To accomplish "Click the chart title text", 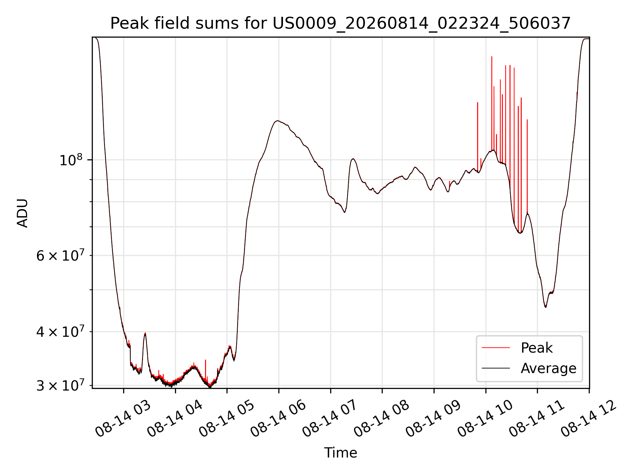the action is tap(340, 23).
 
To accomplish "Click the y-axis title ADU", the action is tap(22, 213).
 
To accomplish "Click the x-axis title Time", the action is tap(340, 453).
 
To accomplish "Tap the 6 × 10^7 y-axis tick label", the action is tap(61, 255).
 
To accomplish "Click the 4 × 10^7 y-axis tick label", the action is tap(61, 332).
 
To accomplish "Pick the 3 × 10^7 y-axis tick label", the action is tap(61, 385).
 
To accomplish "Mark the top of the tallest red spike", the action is tap(492, 57).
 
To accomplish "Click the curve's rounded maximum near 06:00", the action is tap(278, 121).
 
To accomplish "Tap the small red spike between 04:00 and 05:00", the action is tap(205, 360).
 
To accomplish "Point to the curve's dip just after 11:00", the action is tap(546, 307).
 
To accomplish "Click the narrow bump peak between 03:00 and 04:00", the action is tap(145, 333).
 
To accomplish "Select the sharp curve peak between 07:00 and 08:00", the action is tap(353, 159).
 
